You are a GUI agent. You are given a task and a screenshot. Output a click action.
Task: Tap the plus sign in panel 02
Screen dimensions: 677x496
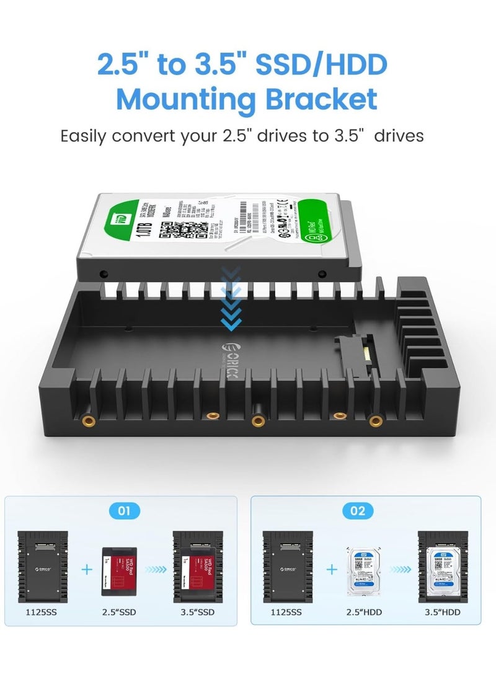click(x=332, y=569)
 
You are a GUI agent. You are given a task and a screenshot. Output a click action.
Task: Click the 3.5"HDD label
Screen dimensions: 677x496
click(x=443, y=613)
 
